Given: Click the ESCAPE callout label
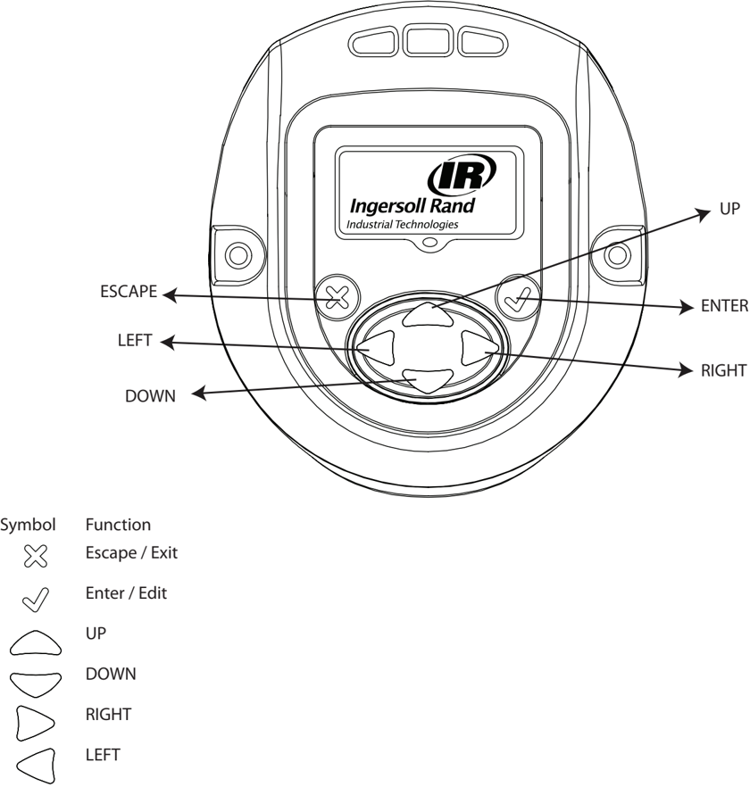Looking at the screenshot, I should click(x=129, y=292).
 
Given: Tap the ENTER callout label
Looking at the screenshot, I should click(x=724, y=307).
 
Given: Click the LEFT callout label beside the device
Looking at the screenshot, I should click(x=134, y=341).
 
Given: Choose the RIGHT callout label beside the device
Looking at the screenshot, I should click(x=724, y=370).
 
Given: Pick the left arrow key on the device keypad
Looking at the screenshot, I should click(x=379, y=348).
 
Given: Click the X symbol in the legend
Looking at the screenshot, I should click(x=35, y=558).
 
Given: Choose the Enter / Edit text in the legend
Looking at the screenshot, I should click(x=126, y=592).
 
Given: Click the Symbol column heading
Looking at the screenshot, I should click(x=28, y=525).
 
